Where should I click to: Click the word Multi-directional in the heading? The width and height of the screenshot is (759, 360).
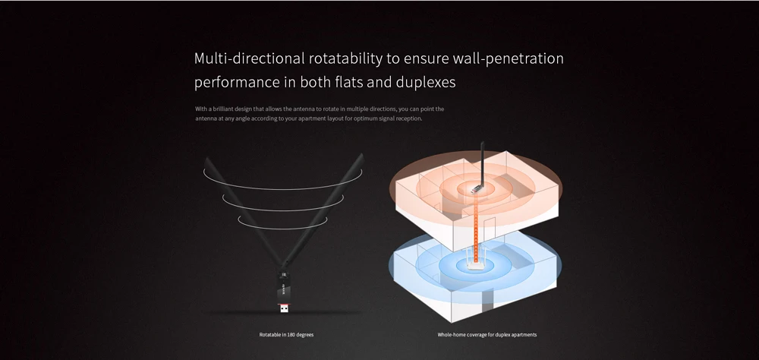tap(249, 58)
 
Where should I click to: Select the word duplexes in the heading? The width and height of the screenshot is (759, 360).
tap(426, 82)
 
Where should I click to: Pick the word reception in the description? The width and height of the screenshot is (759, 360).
tap(409, 118)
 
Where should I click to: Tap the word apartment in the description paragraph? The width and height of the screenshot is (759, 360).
tap(301, 118)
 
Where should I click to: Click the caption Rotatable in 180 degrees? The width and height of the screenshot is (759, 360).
tap(286, 335)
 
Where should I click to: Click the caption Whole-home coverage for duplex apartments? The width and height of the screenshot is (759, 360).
tap(487, 335)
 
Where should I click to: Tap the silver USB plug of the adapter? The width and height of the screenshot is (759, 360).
tap(284, 308)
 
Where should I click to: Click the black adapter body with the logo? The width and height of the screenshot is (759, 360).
tap(284, 289)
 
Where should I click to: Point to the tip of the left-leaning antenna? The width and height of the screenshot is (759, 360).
tap(206, 159)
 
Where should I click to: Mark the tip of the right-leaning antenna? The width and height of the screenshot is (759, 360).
tap(361, 156)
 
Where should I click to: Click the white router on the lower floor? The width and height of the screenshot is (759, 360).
tap(475, 260)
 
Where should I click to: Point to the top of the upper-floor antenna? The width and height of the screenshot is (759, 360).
tap(482, 142)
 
